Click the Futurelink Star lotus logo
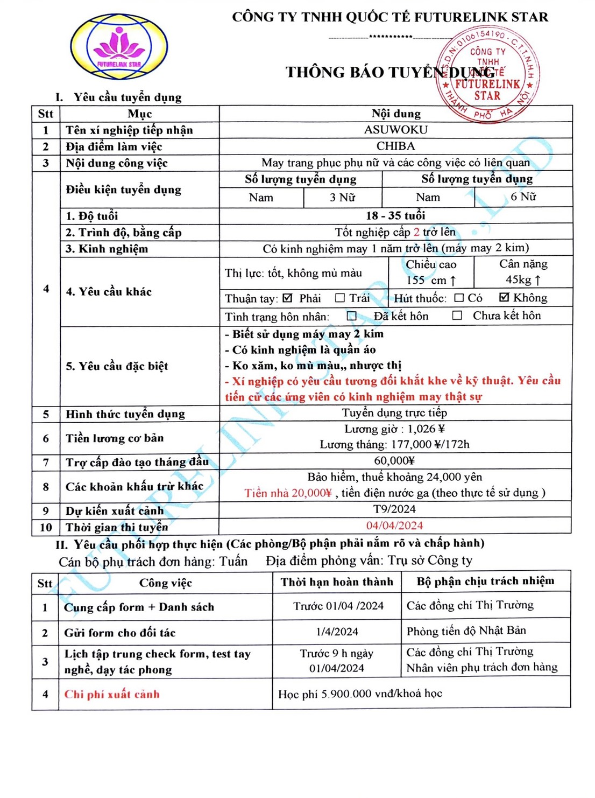pos(119,47)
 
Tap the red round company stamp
pos(487,76)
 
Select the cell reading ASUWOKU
pos(395,130)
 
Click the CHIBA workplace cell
pos(395,146)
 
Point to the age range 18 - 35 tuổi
pos(395,216)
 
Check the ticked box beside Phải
pos(287,298)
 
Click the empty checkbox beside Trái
pos(339,298)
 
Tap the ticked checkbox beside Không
pos(504,297)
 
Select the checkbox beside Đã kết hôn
pos(352,316)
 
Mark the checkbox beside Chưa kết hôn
pos(457,316)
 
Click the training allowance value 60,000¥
pos(394,460)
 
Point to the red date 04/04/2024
pos(394,526)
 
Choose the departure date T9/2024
pos(394,509)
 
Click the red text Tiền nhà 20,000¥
pos(288,493)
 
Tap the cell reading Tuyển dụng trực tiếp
pos(394,413)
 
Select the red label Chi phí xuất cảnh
pos(112,694)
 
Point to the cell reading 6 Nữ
pos(523,197)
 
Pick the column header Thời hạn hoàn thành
pos(337,582)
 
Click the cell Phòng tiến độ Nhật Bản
pos(466,631)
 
